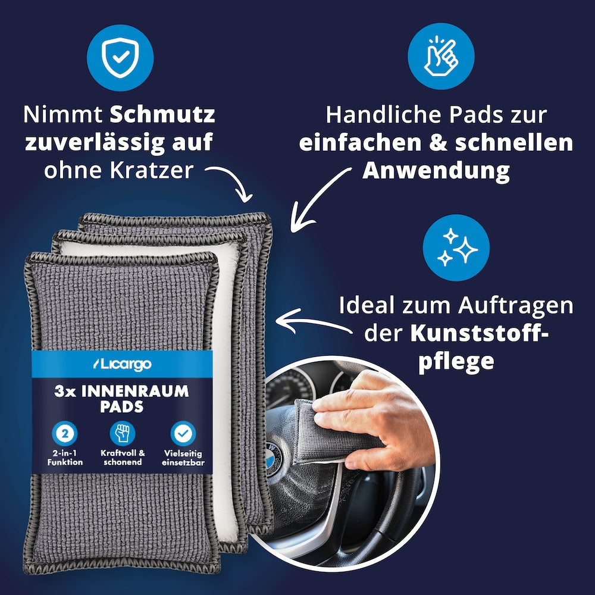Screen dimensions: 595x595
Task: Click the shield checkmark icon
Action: [x=120, y=57]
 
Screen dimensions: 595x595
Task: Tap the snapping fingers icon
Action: [x=440, y=57]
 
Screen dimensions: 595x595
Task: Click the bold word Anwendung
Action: [x=436, y=171]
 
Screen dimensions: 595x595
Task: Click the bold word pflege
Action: [x=456, y=361]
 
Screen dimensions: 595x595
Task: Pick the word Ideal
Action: [x=367, y=306]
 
